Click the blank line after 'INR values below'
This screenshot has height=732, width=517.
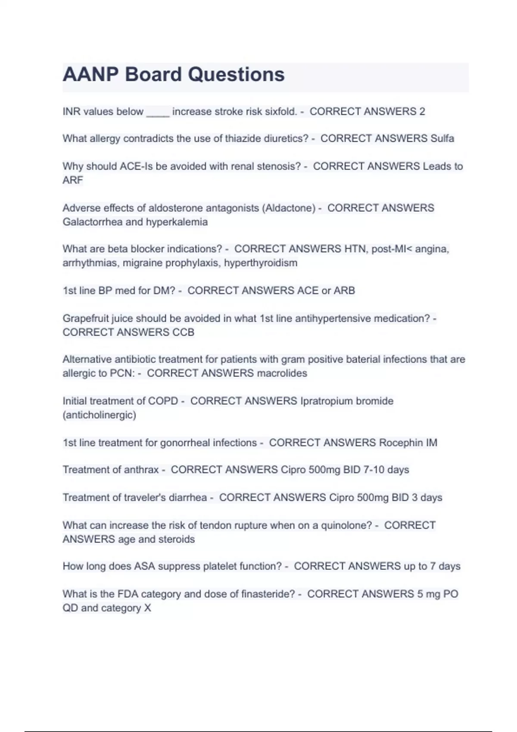coord(158,113)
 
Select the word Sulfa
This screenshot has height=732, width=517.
coord(442,139)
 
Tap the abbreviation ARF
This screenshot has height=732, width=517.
coord(72,180)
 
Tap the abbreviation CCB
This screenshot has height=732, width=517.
coord(184,332)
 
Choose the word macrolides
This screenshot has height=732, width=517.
coord(282,373)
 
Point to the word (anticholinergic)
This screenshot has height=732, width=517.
coord(99,415)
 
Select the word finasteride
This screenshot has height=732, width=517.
coord(268,594)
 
